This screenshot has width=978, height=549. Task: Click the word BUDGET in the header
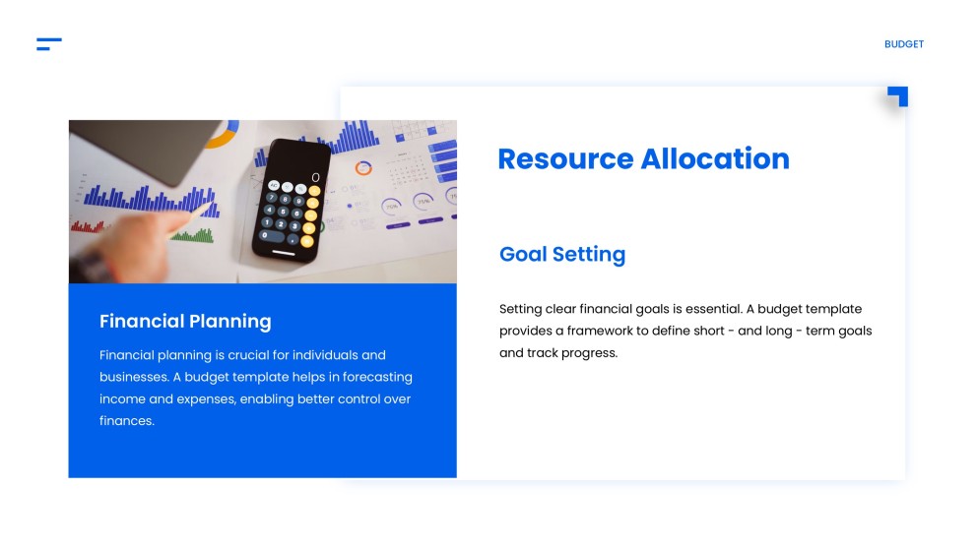pos(903,44)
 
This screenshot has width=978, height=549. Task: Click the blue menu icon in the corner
pos(48,44)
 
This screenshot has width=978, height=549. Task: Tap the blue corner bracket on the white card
pos(898,95)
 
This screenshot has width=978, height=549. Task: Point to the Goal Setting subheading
pos(561,254)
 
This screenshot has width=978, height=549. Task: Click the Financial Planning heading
pos(185,321)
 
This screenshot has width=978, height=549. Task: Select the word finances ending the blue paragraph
pos(127,420)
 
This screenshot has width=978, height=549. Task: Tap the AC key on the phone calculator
pos(273,185)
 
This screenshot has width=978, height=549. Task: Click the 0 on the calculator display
pos(315,178)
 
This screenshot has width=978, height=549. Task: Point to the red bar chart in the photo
pos(89,225)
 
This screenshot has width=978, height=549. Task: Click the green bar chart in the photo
pos(198,235)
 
